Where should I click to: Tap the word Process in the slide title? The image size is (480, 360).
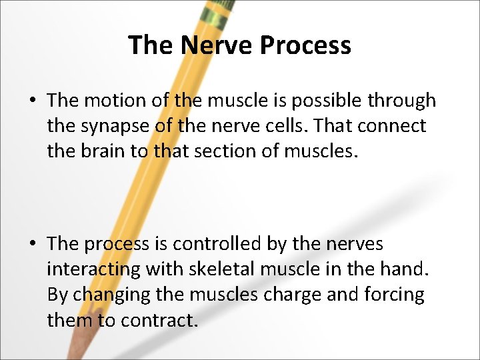coord(305,45)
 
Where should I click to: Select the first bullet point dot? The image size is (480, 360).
coord(32,101)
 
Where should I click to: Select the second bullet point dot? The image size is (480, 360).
coord(32,245)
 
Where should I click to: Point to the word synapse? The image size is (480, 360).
coord(108,126)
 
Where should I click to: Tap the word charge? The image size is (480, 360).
coord(291,295)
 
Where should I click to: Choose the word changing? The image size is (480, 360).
coord(113,295)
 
